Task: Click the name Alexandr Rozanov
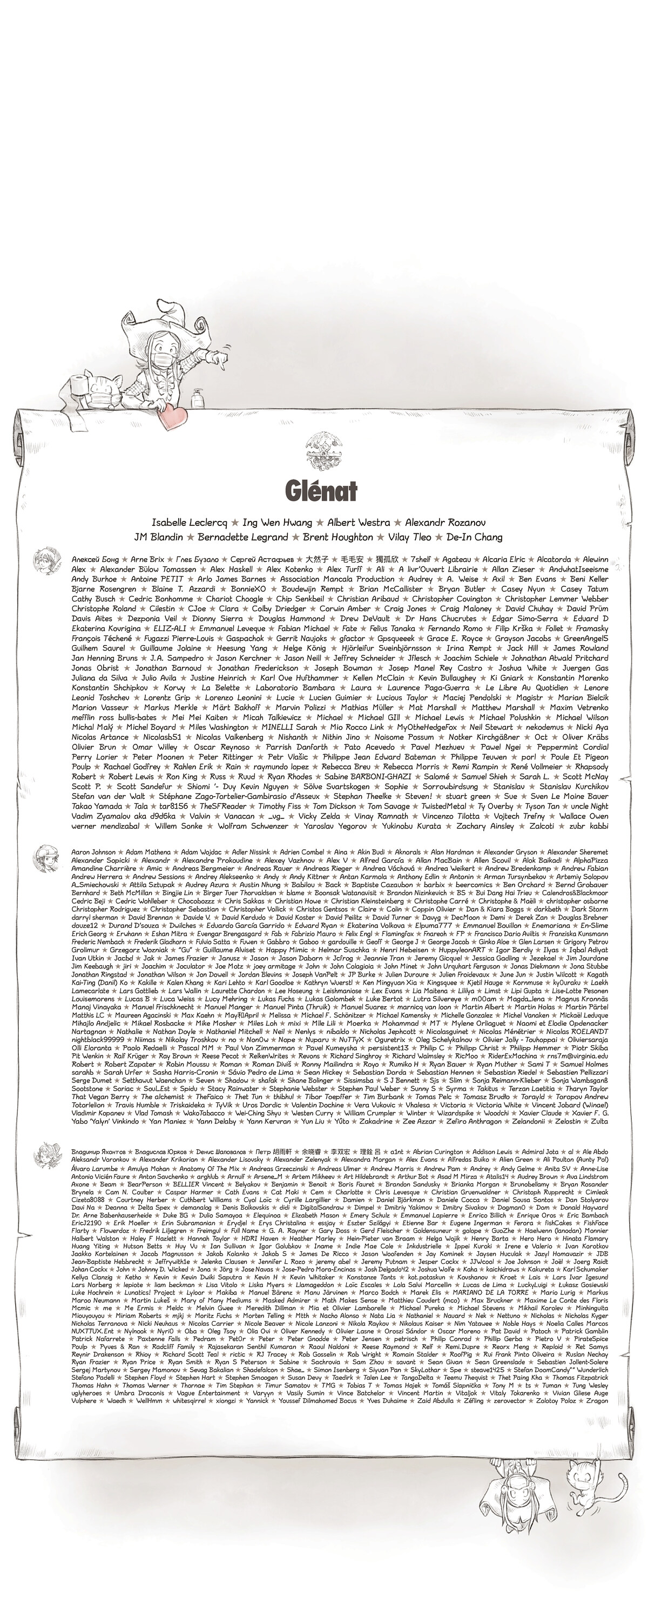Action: pyautogui.click(x=445, y=522)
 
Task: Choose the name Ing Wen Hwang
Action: pyautogui.click(x=276, y=522)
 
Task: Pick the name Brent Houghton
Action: pyautogui.click(x=337, y=537)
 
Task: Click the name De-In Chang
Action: pyautogui.click(x=475, y=537)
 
